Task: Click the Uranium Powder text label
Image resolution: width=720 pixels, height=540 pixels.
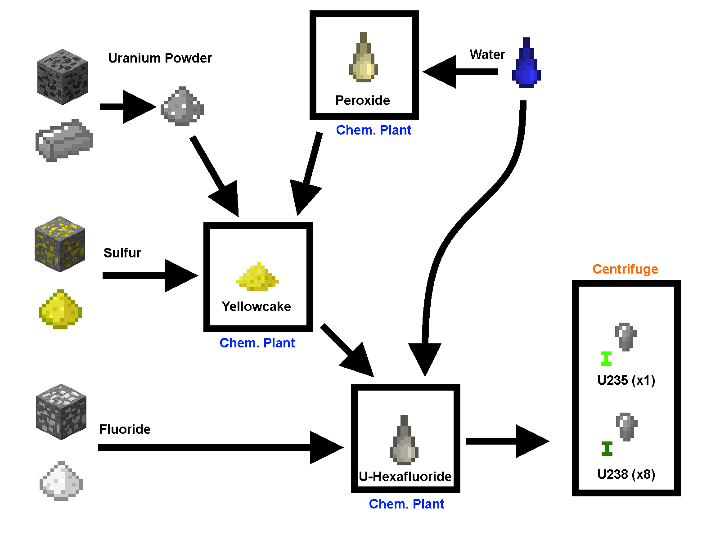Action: click(x=160, y=58)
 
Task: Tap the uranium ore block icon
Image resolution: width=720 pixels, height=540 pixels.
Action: click(x=62, y=77)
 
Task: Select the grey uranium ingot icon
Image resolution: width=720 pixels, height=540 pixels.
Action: click(x=64, y=140)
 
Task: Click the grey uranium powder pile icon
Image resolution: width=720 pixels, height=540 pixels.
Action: click(x=182, y=107)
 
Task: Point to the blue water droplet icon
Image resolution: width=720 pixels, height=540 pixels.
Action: click(x=526, y=65)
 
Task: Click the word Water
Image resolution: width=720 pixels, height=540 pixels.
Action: click(x=487, y=54)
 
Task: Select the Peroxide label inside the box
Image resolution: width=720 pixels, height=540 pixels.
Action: click(x=363, y=100)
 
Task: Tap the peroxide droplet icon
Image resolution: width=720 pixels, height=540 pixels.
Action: click(x=364, y=58)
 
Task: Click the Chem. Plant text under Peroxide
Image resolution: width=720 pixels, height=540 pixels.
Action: click(x=373, y=130)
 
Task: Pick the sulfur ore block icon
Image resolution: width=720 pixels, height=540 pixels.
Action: click(x=60, y=244)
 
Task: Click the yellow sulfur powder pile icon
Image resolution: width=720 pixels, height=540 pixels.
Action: click(x=60, y=310)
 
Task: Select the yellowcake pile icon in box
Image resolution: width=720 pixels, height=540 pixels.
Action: click(x=257, y=276)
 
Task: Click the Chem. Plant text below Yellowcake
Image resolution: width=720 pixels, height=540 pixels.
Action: click(x=257, y=343)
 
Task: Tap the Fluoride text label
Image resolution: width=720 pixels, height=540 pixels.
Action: click(x=125, y=429)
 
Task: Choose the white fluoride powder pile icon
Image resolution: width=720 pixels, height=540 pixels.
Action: click(x=61, y=481)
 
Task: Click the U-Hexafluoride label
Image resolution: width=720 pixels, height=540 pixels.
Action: click(x=405, y=477)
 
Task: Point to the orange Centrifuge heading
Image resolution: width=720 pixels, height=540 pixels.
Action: click(x=625, y=269)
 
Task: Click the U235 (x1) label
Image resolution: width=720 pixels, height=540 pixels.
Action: click(x=626, y=380)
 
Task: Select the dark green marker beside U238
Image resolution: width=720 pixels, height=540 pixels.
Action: click(x=607, y=449)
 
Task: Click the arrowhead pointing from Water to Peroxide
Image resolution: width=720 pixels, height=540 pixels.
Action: click(x=439, y=72)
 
